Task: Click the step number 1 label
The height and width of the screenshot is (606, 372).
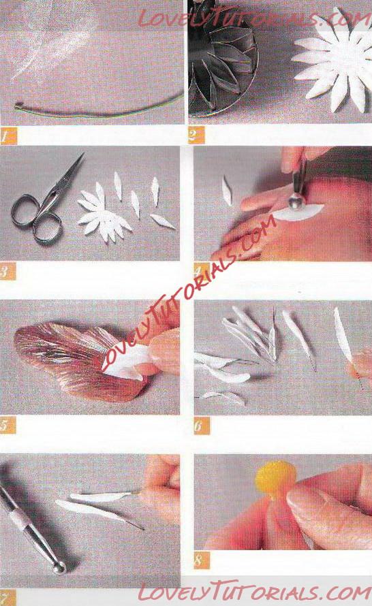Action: [8, 136]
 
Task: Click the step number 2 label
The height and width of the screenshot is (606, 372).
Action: [196, 135]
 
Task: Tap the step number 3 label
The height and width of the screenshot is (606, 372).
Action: [7, 271]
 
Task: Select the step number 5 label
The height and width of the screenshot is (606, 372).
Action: [7, 425]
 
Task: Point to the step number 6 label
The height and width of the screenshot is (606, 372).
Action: [202, 426]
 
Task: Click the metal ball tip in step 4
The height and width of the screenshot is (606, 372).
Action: [296, 201]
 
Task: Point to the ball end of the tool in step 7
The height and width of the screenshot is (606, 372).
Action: [59, 568]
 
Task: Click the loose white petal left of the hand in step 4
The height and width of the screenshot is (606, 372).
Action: [227, 191]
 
